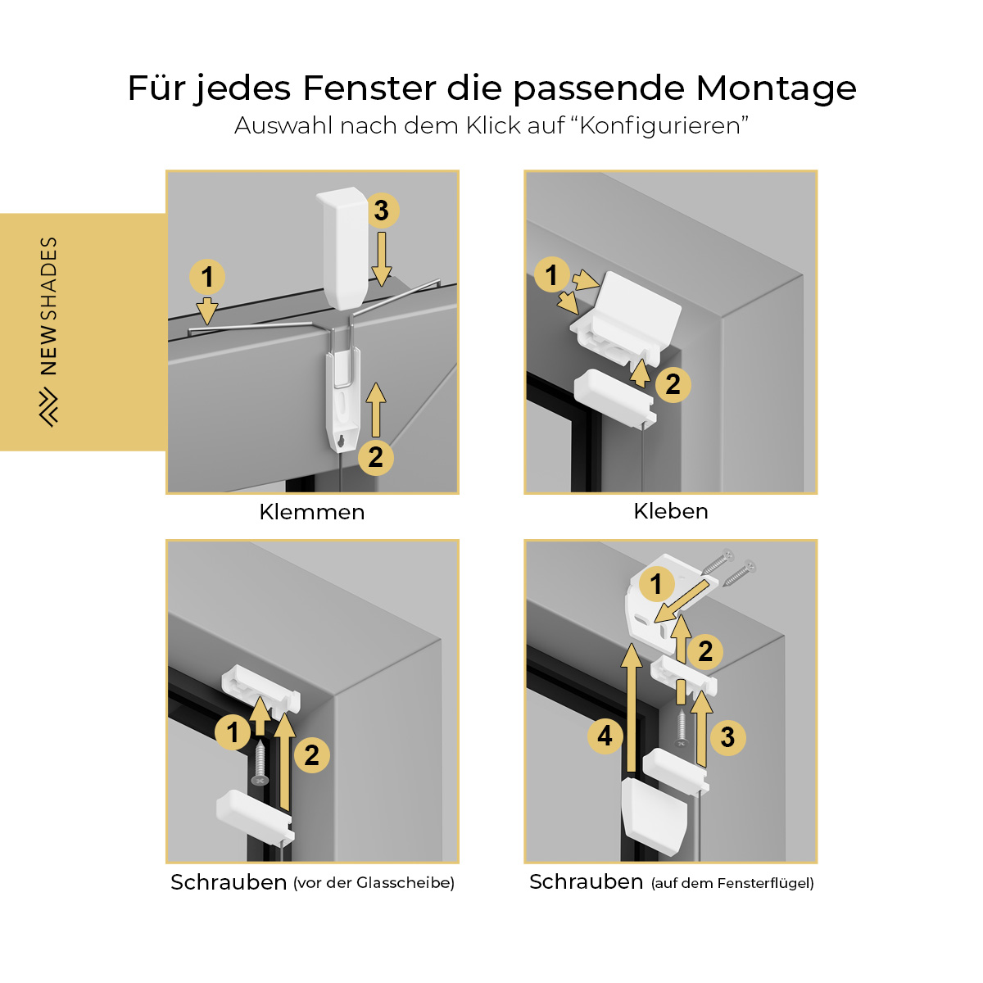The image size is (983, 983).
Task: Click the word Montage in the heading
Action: (776, 88)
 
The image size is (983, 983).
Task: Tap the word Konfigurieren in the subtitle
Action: (660, 126)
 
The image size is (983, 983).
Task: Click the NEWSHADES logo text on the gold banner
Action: (49, 306)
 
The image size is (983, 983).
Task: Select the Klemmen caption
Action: (312, 512)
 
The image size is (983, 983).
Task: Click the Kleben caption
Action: (671, 511)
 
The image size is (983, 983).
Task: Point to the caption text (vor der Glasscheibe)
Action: (374, 883)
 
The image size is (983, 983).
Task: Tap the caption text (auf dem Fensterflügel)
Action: (732, 883)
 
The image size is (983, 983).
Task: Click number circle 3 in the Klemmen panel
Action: (382, 211)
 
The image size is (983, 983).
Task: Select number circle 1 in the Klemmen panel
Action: (207, 277)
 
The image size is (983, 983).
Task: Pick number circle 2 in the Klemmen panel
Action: (376, 458)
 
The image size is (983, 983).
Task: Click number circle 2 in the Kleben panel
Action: (673, 385)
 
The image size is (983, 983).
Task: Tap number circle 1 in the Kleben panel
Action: (551, 274)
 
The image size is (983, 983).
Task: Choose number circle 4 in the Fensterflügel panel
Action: (605, 736)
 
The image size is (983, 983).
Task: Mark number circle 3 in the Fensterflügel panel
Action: (728, 737)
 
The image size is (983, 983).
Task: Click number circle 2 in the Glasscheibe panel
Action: (312, 755)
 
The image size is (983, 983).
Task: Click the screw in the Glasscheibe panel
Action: (260, 763)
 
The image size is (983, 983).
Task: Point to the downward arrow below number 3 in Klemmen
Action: (382, 259)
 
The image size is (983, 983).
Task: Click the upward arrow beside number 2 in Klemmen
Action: (376, 410)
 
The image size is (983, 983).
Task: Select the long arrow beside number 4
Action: (632, 708)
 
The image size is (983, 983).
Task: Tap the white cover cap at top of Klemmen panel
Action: (342, 248)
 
